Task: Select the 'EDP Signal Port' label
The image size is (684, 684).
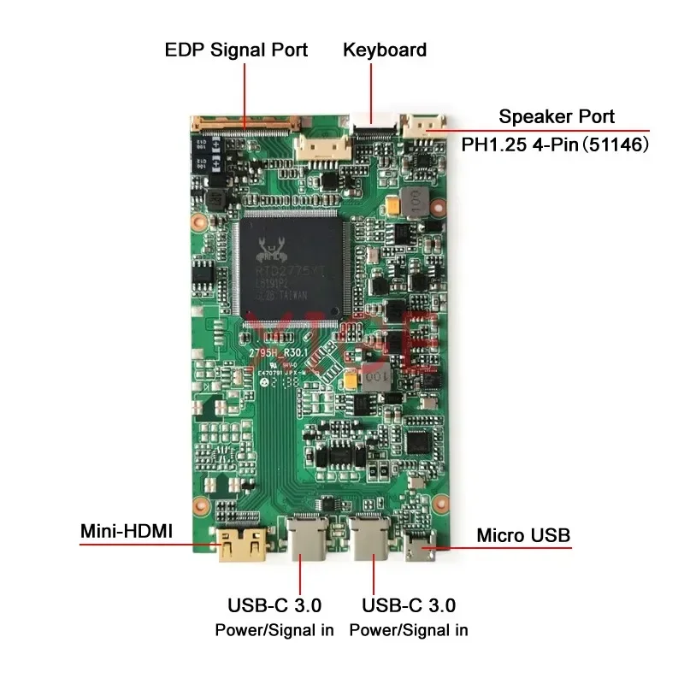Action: point(236,50)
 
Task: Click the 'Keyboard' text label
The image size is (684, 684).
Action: point(385,50)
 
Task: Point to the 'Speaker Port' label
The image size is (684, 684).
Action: point(557,117)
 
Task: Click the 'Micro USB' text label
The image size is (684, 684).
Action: point(523,536)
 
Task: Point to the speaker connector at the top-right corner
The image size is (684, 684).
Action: point(425,127)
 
